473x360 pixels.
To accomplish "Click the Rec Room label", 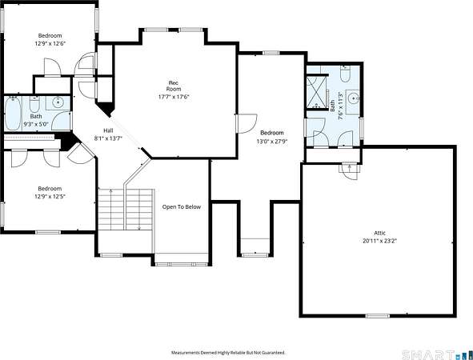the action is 174,86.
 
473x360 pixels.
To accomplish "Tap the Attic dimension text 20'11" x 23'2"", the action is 379,241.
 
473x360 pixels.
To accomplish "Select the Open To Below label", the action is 182,207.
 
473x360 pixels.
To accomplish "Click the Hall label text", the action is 108,130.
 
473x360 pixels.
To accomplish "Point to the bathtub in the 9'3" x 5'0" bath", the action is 13,114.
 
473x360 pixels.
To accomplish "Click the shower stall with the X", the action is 317,91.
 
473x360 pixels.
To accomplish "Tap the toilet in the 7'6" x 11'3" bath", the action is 345,74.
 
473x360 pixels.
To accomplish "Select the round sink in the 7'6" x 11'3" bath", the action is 353,98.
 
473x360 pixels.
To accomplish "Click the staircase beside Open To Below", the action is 126,210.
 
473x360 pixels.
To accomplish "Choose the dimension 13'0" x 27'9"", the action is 272,141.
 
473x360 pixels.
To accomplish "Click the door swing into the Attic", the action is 350,171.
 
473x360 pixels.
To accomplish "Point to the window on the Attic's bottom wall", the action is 378,316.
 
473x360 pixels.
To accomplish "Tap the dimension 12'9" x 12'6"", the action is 50,43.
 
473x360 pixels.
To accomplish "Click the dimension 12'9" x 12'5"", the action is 50,197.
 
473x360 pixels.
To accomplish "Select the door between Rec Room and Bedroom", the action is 247,124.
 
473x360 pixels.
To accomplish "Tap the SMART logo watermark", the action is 429,354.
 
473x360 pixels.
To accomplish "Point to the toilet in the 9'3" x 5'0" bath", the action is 34,104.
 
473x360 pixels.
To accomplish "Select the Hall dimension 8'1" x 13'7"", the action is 109,138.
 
